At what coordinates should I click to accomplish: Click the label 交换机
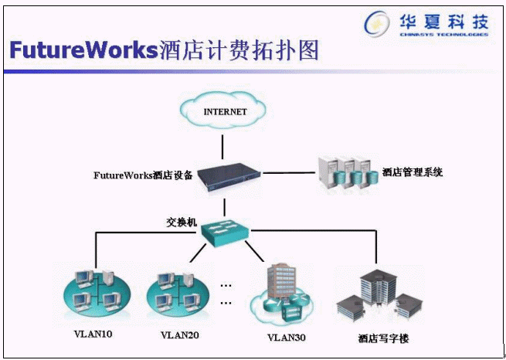[182, 222]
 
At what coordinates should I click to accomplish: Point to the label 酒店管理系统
[413, 172]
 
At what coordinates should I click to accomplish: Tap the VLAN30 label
[287, 337]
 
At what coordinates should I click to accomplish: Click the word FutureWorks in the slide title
[83, 51]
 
